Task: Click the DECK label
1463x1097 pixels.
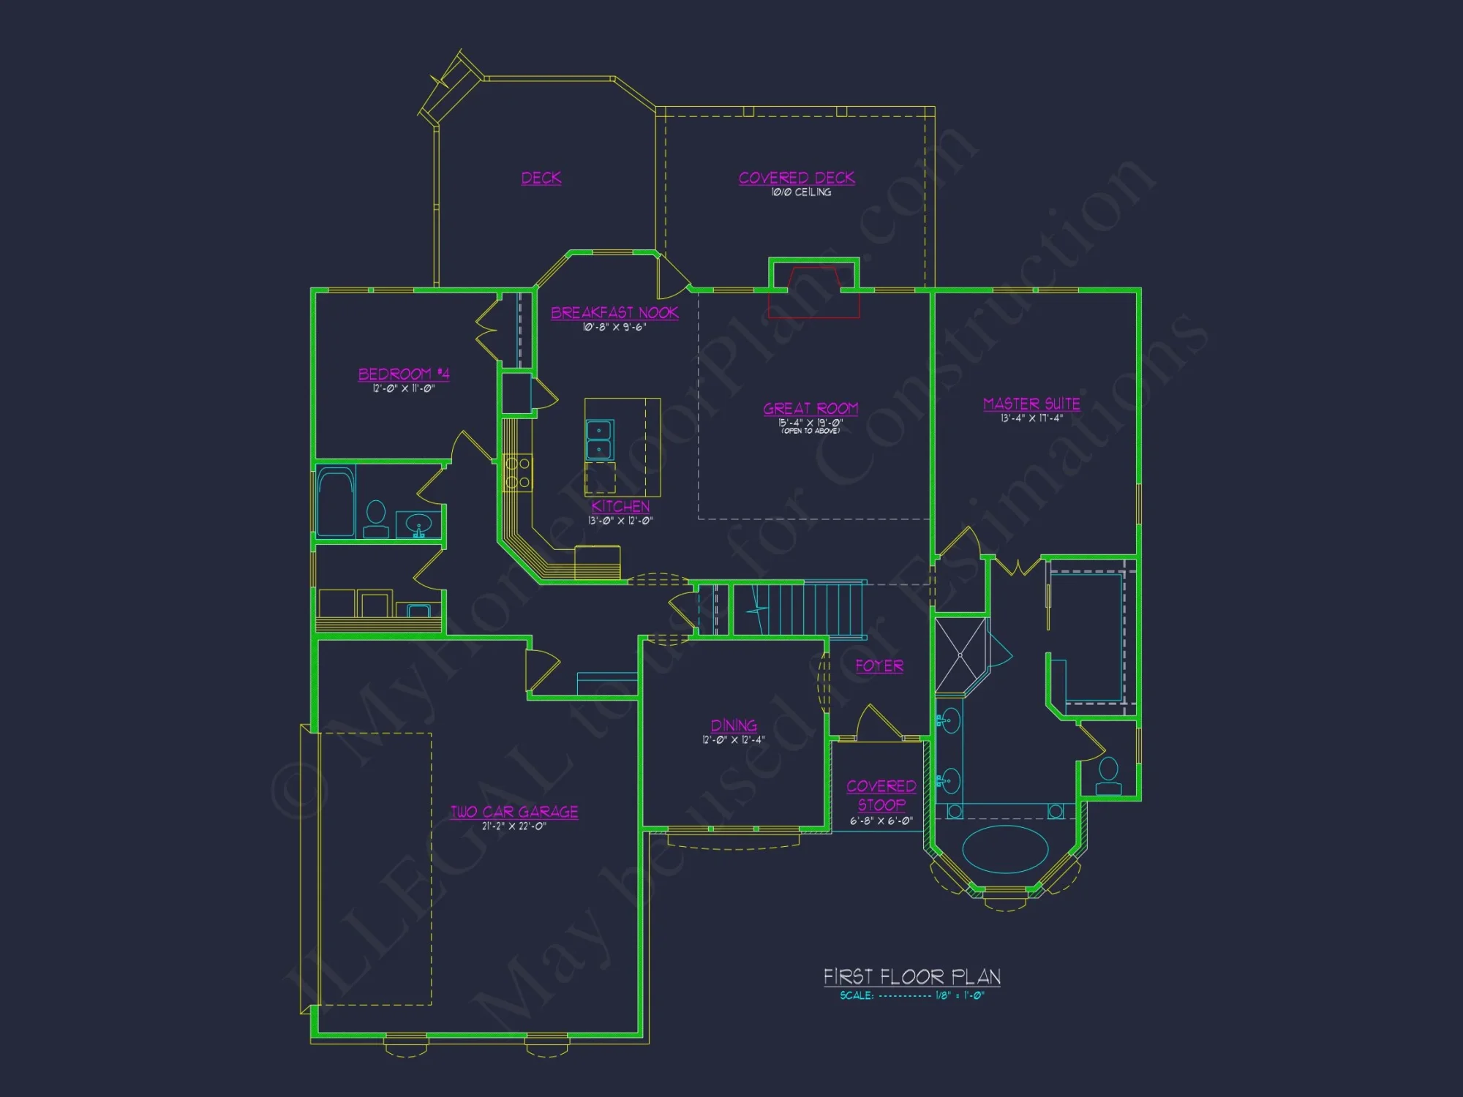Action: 541,178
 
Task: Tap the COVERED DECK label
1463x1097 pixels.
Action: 797,178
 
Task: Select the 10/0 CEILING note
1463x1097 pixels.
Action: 801,192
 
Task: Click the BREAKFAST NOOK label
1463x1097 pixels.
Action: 614,313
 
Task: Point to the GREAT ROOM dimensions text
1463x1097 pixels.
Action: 811,423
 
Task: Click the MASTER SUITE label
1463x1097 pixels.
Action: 1031,404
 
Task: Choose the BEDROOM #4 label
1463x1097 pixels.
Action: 404,374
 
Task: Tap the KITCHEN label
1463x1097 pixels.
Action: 620,506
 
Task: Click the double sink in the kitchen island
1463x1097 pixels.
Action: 599,440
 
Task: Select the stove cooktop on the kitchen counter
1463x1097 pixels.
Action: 518,472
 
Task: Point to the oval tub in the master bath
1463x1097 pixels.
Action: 1005,849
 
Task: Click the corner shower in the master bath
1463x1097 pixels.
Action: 961,656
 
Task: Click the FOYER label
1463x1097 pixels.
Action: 879,666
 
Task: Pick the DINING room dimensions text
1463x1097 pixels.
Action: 734,740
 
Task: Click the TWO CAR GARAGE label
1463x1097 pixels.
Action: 514,812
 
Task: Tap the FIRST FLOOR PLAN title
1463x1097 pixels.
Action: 911,977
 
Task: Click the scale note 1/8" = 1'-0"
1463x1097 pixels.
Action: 959,996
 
